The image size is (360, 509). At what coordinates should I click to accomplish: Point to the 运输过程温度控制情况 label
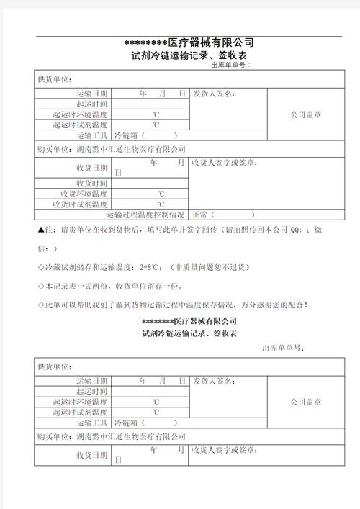click(x=145, y=214)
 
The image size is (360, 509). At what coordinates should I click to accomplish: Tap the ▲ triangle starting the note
click(x=40, y=230)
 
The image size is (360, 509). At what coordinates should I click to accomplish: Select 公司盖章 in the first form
click(x=306, y=114)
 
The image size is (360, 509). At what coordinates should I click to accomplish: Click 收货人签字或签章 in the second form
click(x=225, y=450)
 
